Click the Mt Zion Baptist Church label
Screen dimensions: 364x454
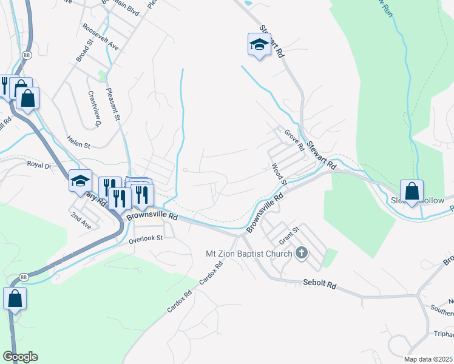click(x=251, y=253)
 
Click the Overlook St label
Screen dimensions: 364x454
click(x=146, y=239)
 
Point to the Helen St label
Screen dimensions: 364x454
click(x=78, y=146)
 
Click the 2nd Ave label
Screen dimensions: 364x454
click(x=80, y=220)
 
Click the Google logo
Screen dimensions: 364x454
click(x=20, y=357)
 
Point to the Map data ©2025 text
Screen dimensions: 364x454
click(x=427, y=359)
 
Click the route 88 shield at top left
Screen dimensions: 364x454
click(x=26, y=55)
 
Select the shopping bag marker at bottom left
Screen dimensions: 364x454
click(x=15, y=298)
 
